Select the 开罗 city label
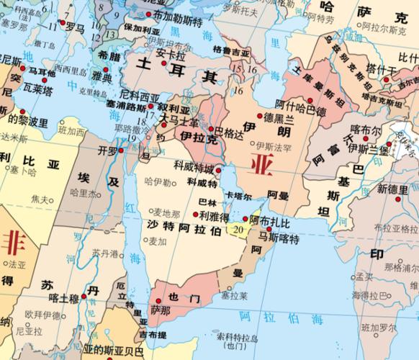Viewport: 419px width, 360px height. [x=107, y=150]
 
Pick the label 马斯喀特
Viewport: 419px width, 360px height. [x=279, y=238]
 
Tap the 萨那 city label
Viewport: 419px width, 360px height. [x=160, y=310]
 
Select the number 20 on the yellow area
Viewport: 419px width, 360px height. [x=238, y=229]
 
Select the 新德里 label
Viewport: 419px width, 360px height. [x=392, y=188]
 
